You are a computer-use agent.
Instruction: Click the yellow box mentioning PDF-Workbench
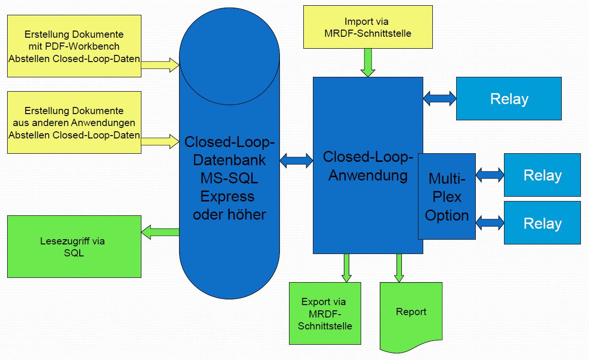pyautogui.click(x=74, y=46)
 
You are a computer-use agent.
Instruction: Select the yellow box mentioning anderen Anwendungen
pyautogui.click(x=74, y=122)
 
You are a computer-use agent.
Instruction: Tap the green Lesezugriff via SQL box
pyautogui.click(x=74, y=246)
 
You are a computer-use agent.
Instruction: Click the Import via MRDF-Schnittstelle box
pyautogui.click(x=367, y=27)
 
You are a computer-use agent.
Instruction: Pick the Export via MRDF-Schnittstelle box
pyautogui.click(x=325, y=314)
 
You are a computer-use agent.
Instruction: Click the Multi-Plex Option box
pyautogui.click(x=446, y=197)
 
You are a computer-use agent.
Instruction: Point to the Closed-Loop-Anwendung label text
pyautogui.click(x=367, y=166)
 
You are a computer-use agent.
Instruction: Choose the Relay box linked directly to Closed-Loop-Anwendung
pyautogui.click(x=509, y=99)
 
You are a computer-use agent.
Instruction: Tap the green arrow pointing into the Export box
pyautogui.click(x=347, y=268)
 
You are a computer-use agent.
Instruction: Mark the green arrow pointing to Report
pyautogui.click(x=399, y=268)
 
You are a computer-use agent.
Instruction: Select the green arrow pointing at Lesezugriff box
pyautogui.click(x=160, y=232)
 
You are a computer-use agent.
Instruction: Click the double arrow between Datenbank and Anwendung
pyautogui.click(x=296, y=160)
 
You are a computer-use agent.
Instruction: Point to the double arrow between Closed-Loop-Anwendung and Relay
pyautogui.click(x=439, y=98)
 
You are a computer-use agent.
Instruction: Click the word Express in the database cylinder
pyautogui.click(x=227, y=196)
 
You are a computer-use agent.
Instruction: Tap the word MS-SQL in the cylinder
pyautogui.click(x=229, y=178)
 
